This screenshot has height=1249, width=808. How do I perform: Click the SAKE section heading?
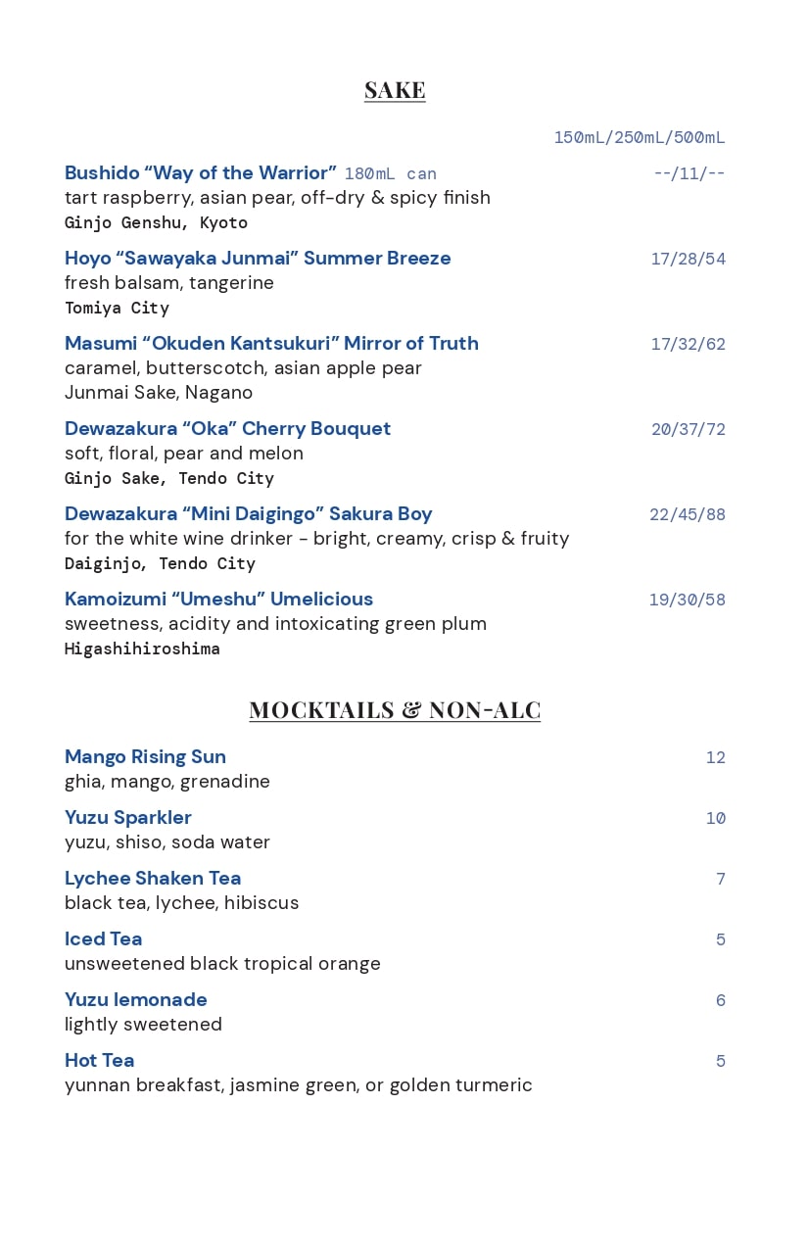click(x=395, y=90)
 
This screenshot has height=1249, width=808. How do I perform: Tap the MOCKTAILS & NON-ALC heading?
click(x=395, y=709)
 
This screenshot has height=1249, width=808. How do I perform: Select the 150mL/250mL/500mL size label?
click(x=640, y=138)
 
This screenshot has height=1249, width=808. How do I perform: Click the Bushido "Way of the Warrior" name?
click(x=201, y=173)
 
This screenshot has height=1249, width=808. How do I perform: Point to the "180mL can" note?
click(x=390, y=174)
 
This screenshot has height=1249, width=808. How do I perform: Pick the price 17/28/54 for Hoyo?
click(x=688, y=260)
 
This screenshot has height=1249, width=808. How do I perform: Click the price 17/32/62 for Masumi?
click(x=688, y=345)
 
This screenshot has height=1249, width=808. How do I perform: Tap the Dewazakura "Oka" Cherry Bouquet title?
click(x=227, y=429)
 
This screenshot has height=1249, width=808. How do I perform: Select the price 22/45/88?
click(x=687, y=515)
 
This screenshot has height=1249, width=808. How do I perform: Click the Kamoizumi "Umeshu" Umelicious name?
click(x=218, y=600)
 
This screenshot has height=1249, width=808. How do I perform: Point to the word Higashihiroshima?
click(x=142, y=649)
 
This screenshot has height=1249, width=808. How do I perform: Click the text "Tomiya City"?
click(x=117, y=309)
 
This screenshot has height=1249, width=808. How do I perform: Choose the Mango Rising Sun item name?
click(x=145, y=757)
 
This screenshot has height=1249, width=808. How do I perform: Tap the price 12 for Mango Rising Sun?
click(x=715, y=758)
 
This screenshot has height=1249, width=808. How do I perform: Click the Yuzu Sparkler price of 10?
click(x=715, y=819)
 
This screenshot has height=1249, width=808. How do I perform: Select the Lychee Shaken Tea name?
click(x=153, y=879)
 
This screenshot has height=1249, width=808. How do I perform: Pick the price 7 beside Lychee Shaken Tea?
click(x=720, y=880)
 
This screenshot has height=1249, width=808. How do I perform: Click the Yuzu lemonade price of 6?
click(x=720, y=1001)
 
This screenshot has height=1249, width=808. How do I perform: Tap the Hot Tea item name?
click(x=99, y=1061)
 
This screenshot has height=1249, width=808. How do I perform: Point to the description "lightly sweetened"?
click(x=143, y=1025)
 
